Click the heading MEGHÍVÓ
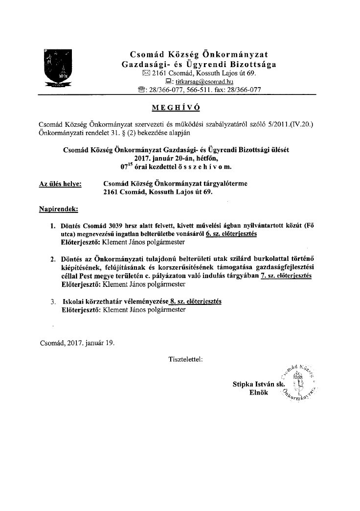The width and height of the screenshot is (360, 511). point(180,107)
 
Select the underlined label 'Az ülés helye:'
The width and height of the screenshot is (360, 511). point(60,184)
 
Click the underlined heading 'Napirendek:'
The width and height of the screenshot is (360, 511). point(58,209)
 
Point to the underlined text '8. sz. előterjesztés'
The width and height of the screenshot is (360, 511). point(196,302)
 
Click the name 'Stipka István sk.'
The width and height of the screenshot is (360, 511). point(259,385)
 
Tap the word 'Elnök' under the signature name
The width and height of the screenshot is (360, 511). point(259,394)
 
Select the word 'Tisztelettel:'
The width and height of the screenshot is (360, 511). point(185,359)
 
